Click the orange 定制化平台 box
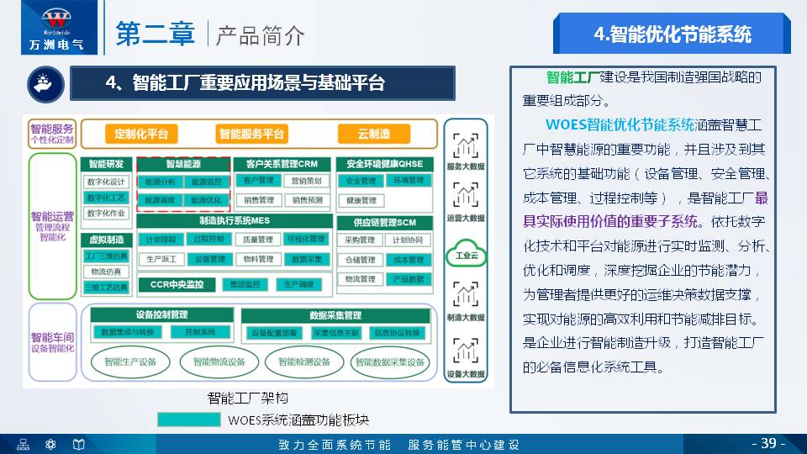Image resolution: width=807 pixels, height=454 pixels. coord(141,134)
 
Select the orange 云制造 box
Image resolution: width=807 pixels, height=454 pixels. coord(373,134)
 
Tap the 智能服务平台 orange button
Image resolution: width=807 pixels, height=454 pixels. coord(252,134)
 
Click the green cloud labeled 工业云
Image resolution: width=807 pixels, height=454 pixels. coord(466,256)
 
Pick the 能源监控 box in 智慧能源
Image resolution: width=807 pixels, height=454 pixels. coord(206,182)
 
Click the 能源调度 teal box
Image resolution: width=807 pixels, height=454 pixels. coord(160,201)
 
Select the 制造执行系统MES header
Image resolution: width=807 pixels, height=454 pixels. coord(234,221)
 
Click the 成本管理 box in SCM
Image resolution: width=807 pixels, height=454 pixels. coord(409,261)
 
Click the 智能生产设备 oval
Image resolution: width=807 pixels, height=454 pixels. coord(130,362)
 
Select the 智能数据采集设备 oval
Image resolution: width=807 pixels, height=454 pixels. coord(389,362)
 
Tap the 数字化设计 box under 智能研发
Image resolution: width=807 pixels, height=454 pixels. coord(106,182)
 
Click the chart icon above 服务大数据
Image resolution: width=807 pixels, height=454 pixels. coord(466,145)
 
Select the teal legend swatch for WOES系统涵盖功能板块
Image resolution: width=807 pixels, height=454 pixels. coord(191,420)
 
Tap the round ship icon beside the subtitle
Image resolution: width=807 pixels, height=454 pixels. coord(40,82)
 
